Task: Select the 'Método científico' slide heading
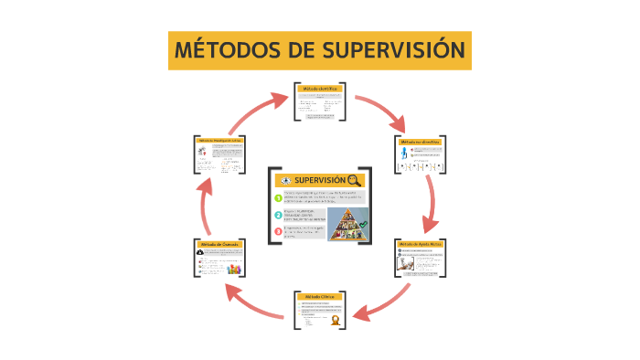pyautogui.click(x=320, y=89)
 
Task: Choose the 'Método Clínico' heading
pyautogui.click(x=320, y=298)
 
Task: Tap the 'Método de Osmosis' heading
pyautogui.click(x=220, y=245)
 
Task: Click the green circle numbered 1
pyautogui.click(x=279, y=197)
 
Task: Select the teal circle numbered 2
pyautogui.click(x=279, y=215)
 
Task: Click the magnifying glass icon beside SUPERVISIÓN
pyautogui.click(x=355, y=181)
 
